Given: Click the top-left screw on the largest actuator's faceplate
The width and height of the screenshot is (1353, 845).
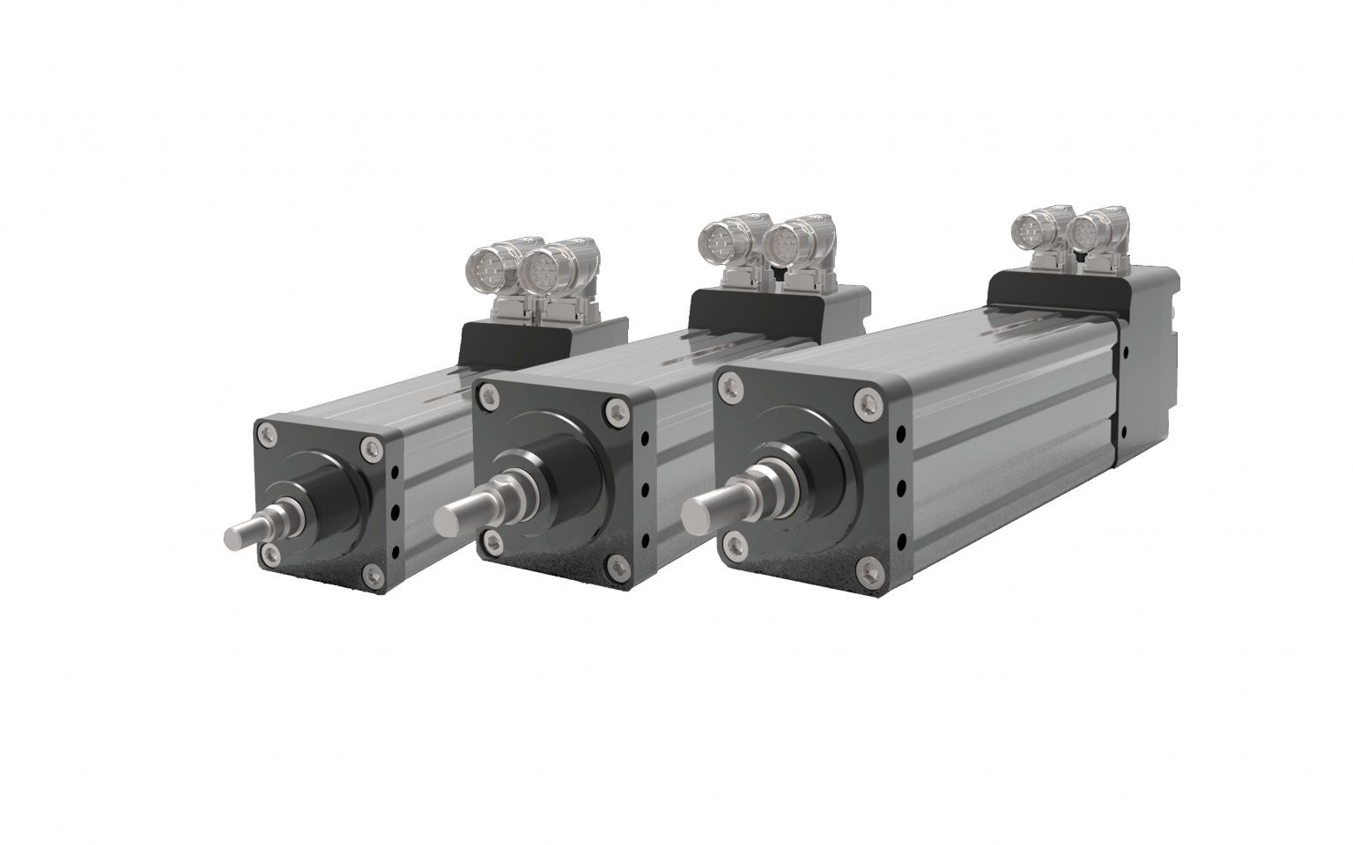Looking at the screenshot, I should click(729, 383).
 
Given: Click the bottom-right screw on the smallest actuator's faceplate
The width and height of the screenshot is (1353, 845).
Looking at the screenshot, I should click(372, 576).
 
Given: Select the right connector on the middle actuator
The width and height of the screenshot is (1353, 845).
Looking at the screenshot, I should click(783, 244).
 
